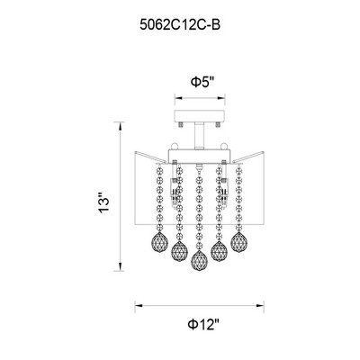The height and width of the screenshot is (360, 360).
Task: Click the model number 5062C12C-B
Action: pos(180,25)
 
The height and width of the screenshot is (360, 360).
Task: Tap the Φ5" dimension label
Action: pos(203,82)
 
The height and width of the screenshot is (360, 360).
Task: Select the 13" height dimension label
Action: pos(104,202)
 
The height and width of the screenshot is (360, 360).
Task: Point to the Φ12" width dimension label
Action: pos(203,325)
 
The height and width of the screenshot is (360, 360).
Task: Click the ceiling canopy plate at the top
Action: pos(200,116)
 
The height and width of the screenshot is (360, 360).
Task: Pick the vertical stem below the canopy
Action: pos(198,136)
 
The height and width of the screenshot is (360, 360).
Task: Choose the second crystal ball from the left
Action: pos(179,251)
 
